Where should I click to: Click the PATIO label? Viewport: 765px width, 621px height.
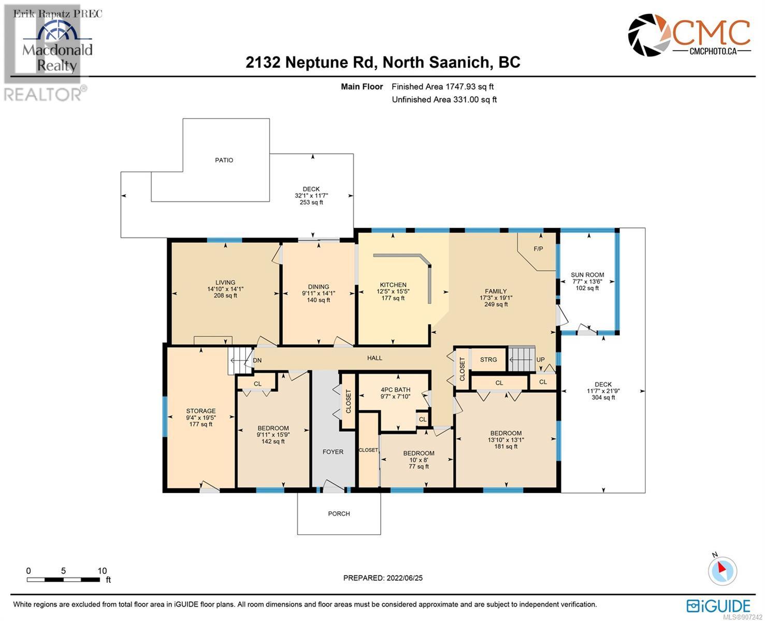click(224, 160)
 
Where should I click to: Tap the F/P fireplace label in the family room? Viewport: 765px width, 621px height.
click(538, 248)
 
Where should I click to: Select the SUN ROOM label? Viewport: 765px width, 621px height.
click(587, 275)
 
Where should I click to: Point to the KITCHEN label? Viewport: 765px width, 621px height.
click(393, 285)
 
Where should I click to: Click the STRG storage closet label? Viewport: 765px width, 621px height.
click(488, 360)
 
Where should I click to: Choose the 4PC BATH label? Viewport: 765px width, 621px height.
click(395, 390)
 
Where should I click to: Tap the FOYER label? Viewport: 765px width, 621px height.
click(333, 452)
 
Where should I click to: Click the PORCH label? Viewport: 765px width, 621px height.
click(339, 513)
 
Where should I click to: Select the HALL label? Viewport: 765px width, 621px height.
click(374, 358)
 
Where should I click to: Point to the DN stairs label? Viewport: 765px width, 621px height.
click(257, 360)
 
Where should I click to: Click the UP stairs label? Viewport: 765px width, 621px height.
click(540, 360)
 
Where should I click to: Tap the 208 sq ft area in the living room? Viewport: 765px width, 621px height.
click(225, 295)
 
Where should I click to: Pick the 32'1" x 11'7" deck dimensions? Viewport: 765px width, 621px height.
click(311, 196)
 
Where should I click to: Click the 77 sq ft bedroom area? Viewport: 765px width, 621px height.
click(419, 466)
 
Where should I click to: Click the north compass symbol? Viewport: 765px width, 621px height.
click(722, 571)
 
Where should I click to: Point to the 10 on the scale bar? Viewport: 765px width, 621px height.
click(102, 571)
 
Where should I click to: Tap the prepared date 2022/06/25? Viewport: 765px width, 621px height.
click(405, 578)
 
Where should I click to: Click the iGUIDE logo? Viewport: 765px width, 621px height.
click(718, 606)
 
